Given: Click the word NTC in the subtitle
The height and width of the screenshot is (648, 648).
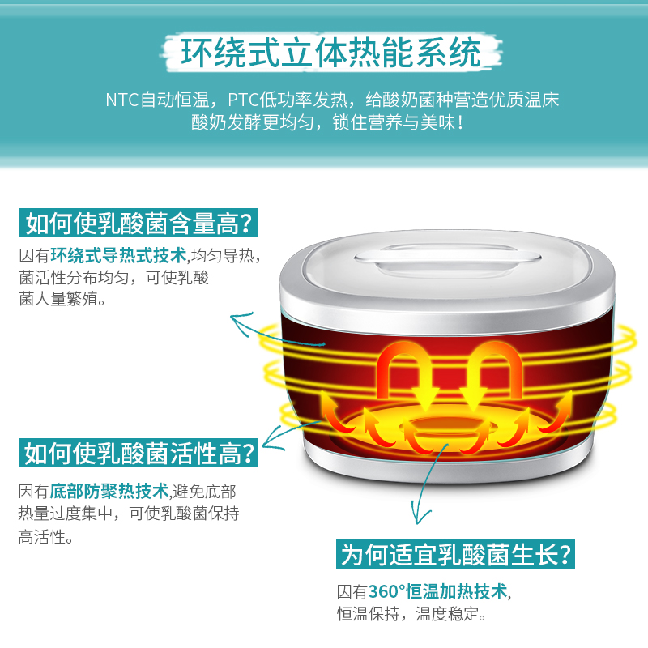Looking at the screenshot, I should tap(122, 100).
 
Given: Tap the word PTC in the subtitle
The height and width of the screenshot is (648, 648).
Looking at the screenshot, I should tap(243, 100).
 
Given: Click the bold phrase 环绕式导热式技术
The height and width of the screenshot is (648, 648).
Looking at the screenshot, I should tap(119, 256).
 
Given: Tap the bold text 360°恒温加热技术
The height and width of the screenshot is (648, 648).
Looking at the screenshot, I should tap(438, 591).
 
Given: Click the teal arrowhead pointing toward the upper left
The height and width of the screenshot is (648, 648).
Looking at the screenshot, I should tap(240, 322).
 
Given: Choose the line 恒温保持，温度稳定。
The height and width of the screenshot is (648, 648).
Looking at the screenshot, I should tap(411, 614).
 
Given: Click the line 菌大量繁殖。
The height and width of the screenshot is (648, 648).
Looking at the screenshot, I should tap(62, 300).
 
